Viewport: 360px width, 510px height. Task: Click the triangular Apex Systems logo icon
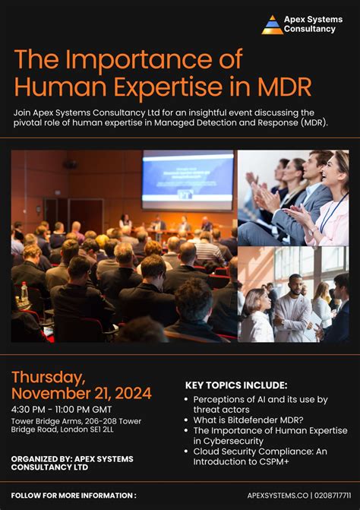pos(272,24)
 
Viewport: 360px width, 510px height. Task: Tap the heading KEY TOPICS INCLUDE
pos(236,385)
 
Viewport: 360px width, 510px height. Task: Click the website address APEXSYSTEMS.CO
pos(275,495)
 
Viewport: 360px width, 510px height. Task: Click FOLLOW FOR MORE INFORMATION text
pos(74,495)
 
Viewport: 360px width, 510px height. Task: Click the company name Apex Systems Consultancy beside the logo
pos(313,24)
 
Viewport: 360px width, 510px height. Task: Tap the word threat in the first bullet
pos(205,409)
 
